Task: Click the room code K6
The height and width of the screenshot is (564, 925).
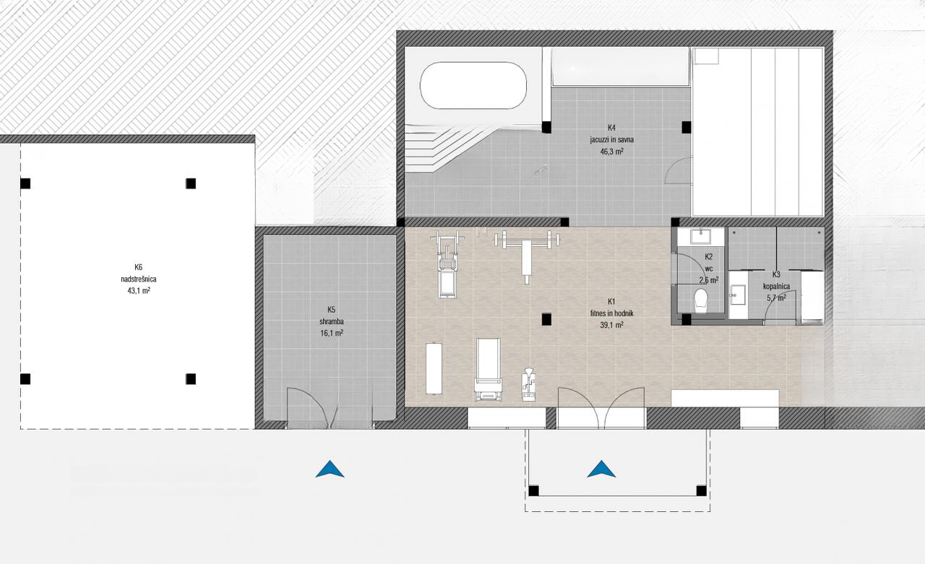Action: point(138,267)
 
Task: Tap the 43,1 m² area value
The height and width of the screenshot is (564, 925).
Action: point(139,291)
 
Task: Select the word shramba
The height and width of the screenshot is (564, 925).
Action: point(331,321)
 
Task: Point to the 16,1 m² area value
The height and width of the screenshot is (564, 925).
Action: point(332,334)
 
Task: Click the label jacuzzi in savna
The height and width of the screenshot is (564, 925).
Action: point(611,140)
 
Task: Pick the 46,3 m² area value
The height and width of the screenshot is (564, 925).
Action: point(611,152)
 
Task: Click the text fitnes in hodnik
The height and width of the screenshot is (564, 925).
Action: point(611,313)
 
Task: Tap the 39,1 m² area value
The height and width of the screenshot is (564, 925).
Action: point(611,325)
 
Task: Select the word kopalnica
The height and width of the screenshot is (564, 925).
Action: point(776,286)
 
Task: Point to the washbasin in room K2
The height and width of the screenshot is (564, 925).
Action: point(701,237)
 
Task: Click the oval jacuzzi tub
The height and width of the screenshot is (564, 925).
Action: point(473,85)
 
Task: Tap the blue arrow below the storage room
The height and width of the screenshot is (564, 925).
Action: point(330,469)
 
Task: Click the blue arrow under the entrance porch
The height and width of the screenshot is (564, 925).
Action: point(601,469)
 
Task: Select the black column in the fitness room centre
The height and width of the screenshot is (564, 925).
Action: point(546,319)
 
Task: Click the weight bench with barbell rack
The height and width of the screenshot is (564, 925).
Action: point(526,253)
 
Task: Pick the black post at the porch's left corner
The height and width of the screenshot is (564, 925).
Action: point(533,490)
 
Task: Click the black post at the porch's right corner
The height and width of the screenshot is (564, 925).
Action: point(701,490)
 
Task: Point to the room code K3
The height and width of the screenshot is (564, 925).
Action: point(776,274)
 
